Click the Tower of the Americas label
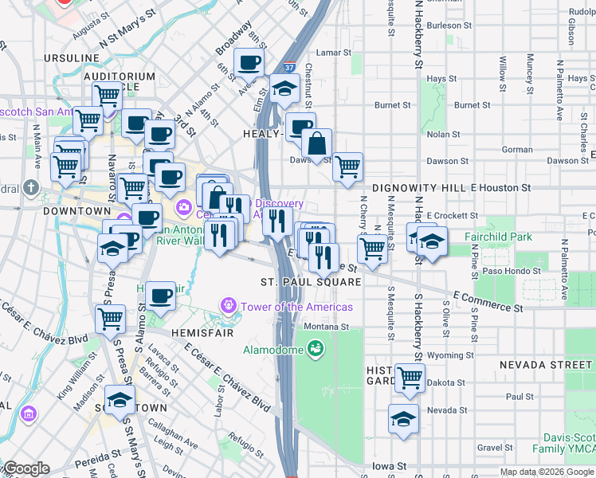click(x=296, y=307)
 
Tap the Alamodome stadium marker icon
click(x=316, y=348)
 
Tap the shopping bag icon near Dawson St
click(x=316, y=144)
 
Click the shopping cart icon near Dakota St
click(x=410, y=377)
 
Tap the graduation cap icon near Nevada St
click(x=404, y=418)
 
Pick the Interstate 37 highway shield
click(x=288, y=71)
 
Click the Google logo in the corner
click(x=25, y=468)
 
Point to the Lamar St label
click(x=333, y=53)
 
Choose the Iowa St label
click(x=390, y=466)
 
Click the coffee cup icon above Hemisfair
click(x=160, y=296)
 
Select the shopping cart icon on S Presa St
click(x=110, y=319)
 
